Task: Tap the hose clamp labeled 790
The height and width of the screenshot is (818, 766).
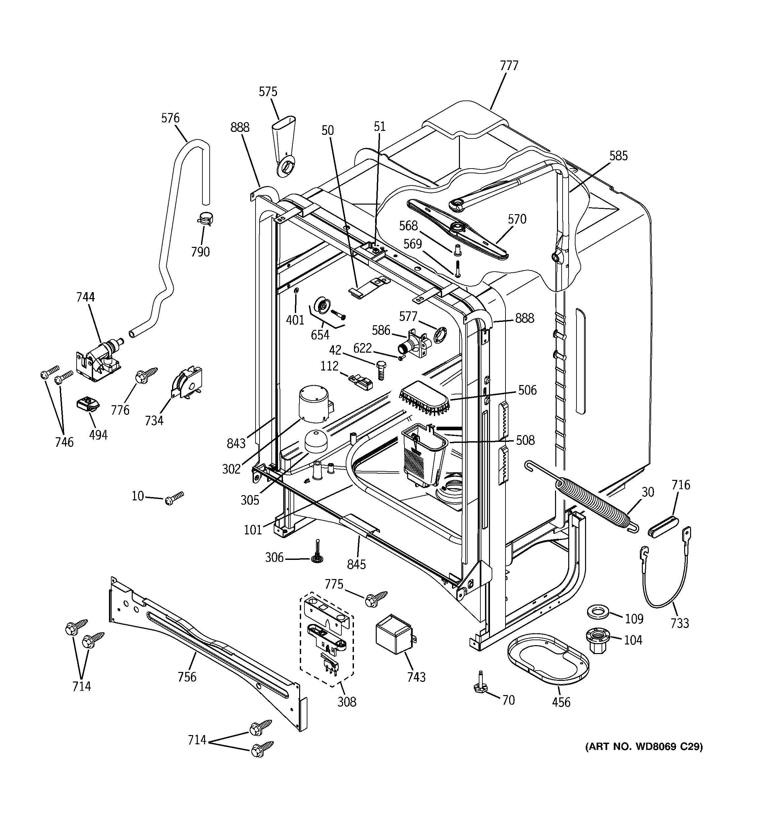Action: (205, 219)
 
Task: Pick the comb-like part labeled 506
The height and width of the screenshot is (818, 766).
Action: (425, 397)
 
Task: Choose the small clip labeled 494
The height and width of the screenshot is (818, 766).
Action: (88, 405)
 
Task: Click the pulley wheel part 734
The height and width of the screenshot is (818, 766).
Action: (188, 381)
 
